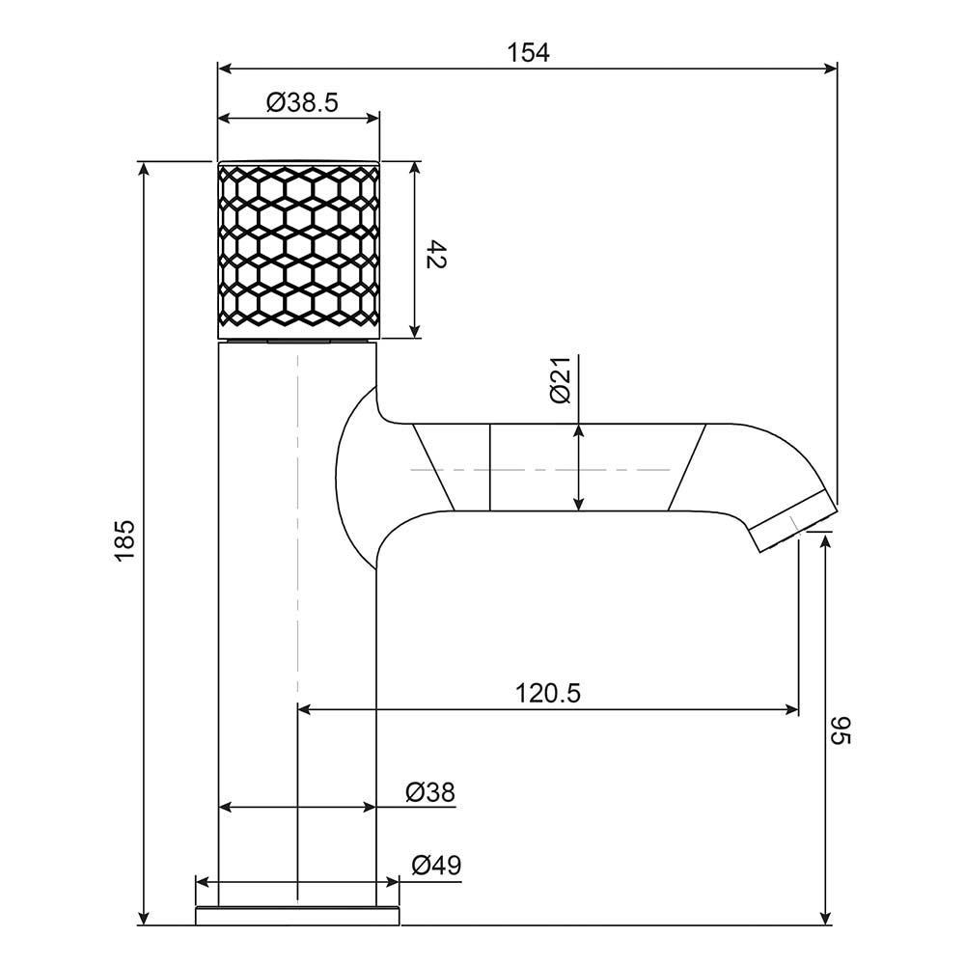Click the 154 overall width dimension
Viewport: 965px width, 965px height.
click(x=528, y=53)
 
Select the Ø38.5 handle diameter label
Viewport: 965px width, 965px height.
click(x=302, y=102)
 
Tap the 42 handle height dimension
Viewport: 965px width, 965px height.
click(x=436, y=254)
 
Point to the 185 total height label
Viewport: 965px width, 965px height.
click(x=124, y=539)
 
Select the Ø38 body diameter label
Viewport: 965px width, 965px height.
click(x=430, y=792)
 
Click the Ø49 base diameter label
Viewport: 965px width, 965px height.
click(x=436, y=865)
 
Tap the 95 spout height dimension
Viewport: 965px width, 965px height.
click(x=841, y=730)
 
